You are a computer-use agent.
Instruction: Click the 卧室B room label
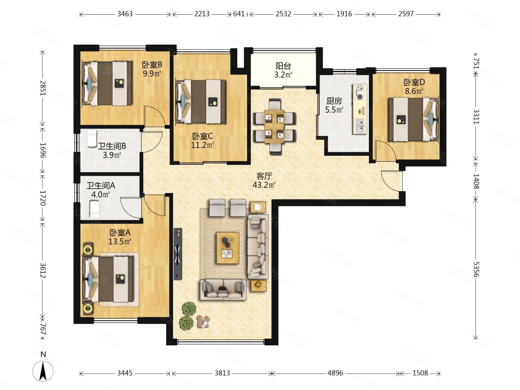click(x=152, y=64)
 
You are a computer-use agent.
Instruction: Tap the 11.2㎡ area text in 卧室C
click(x=202, y=145)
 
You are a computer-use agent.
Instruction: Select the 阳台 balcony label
click(x=283, y=66)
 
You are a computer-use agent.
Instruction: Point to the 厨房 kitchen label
click(x=334, y=101)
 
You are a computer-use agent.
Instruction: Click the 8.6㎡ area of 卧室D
click(x=414, y=91)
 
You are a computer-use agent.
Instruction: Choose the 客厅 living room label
click(x=264, y=176)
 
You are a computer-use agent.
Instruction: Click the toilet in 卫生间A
click(x=94, y=209)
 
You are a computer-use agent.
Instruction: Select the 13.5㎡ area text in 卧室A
click(x=120, y=242)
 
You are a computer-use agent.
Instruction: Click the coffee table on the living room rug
click(x=227, y=248)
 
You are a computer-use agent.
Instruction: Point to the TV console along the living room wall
click(x=178, y=254)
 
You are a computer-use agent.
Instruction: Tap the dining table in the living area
click(x=274, y=126)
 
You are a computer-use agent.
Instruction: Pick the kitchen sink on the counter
click(x=360, y=126)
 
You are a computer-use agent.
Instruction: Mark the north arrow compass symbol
click(x=43, y=371)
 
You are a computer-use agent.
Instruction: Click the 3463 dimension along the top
click(x=125, y=14)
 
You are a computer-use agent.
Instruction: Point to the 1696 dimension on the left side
click(x=42, y=150)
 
